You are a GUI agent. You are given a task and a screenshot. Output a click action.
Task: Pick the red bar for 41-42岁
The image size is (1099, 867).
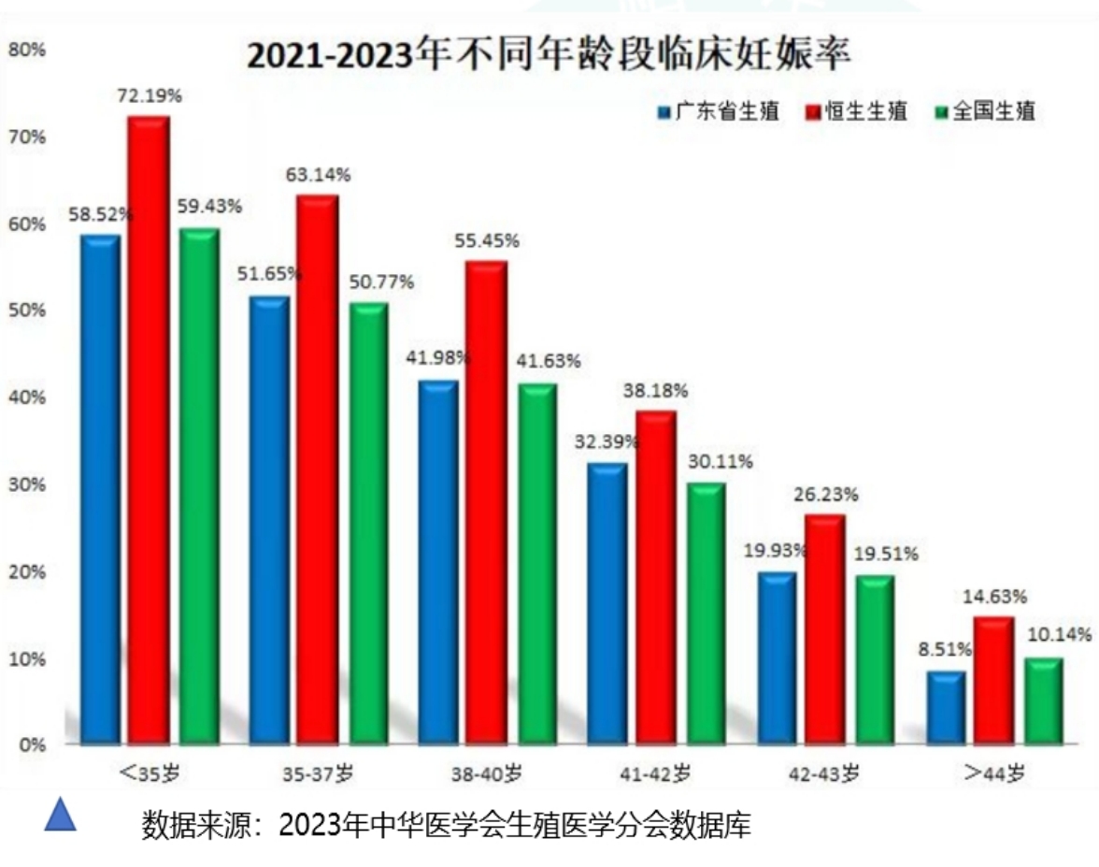(656, 576)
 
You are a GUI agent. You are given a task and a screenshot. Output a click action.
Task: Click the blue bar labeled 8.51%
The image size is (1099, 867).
(946, 706)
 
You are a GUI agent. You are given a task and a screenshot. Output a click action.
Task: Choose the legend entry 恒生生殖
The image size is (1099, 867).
(857, 112)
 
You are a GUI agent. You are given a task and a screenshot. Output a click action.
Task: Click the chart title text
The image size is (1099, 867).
(549, 56)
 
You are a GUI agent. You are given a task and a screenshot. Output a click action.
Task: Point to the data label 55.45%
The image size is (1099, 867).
(486, 241)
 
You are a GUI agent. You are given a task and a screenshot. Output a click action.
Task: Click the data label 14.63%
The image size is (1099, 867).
(995, 597)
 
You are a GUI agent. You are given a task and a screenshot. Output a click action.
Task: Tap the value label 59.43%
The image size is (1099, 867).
(210, 206)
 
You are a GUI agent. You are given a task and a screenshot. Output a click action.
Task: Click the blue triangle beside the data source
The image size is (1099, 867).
(61, 816)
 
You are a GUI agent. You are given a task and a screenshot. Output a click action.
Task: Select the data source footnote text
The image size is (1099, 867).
(447, 826)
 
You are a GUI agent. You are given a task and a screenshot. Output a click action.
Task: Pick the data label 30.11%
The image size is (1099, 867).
(721, 462)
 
